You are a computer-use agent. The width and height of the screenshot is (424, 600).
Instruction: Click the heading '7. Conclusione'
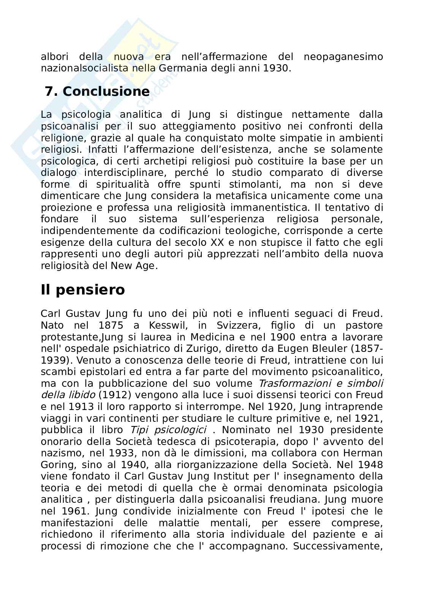coord(97,92)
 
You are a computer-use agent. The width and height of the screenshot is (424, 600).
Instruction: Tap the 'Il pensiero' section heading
coord(83,290)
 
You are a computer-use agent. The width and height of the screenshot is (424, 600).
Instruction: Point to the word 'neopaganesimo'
coord(343,57)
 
